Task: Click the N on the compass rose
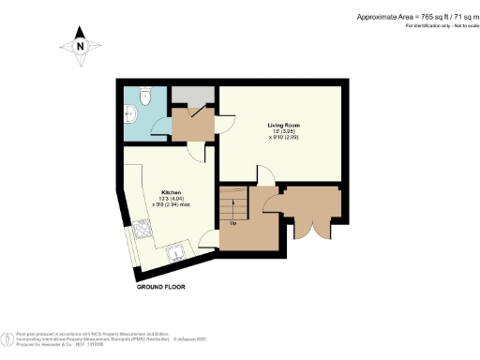click(81, 46)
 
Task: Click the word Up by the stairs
click(232, 223)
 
